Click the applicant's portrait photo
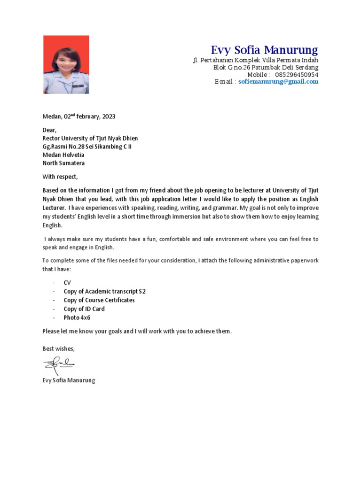[x=66, y=65]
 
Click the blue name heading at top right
[x=264, y=50]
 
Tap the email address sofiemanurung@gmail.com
[x=278, y=82]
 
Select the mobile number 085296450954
[x=297, y=75]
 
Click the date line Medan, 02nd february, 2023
[x=79, y=116]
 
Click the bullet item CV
[x=67, y=283]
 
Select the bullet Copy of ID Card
[x=84, y=309]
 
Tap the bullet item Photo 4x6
[x=77, y=318]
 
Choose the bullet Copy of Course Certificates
[x=99, y=300]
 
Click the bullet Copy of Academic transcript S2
[x=105, y=292]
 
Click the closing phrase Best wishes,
[x=58, y=349]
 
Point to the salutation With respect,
[x=60, y=177]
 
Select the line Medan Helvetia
[x=63, y=155]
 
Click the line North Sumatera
[x=63, y=163]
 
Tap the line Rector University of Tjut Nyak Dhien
[x=90, y=138]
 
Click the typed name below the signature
[x=69, y=380]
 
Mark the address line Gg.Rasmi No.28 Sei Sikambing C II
[x=87, y=147]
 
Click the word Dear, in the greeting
[x=49, y=130]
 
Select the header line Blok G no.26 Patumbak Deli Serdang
[x=266, y=68]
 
